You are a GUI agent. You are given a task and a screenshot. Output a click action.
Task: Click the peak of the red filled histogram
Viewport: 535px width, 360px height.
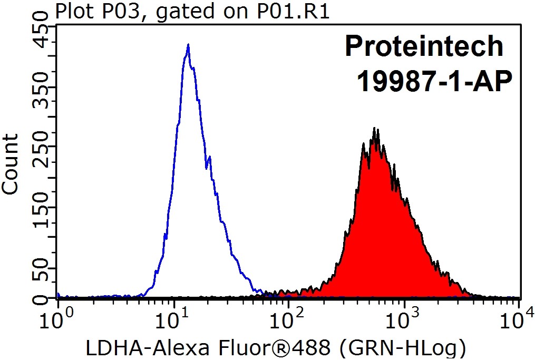tap(374, 129)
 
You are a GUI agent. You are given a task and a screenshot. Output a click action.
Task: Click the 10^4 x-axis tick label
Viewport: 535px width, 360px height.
tap(519, 318)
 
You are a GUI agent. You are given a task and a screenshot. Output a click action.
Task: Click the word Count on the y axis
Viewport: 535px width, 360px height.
tap(12, 164)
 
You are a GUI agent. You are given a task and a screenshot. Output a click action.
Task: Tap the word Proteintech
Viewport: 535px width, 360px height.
tap(424, 46)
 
